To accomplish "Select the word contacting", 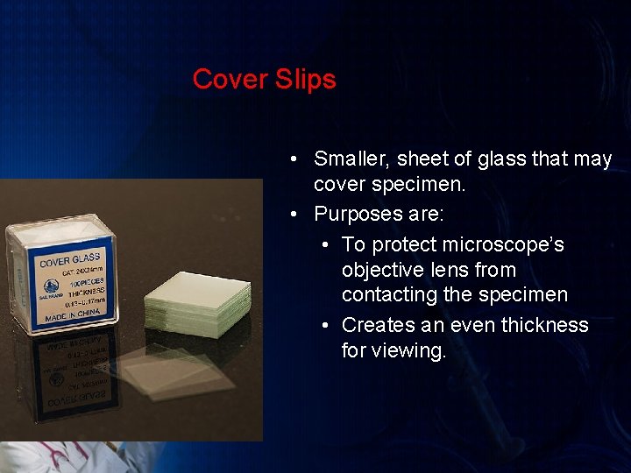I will (388, 295).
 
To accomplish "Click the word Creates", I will (377, 325).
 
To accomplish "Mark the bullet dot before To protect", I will (326, 244).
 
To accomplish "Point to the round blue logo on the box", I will (53, 285).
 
